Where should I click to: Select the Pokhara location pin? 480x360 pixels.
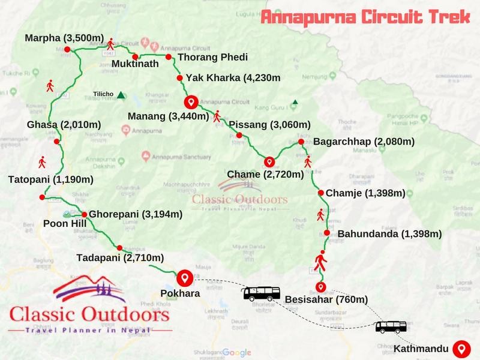click(x=185, y=277)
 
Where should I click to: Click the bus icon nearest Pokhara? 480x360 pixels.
click(x=262, y=293)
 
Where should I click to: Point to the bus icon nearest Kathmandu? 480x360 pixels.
click(x=391, y=327)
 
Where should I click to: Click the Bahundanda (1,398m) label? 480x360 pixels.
click(x=389, y=233)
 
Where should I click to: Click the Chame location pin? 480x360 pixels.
click(x=269, y=161)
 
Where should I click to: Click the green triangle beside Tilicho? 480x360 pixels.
click(x=121, y=94)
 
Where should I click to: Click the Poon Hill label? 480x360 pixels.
click(x=65, y=224)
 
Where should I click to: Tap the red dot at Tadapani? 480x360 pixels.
click(x=120, y=247)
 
